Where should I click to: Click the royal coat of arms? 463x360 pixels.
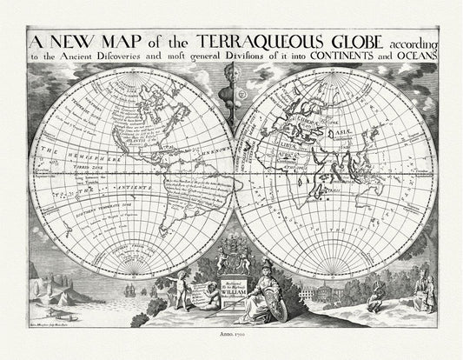point(232,256)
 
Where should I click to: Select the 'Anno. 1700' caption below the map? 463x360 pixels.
point(231,331)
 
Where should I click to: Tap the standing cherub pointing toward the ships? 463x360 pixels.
point(182,289)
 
